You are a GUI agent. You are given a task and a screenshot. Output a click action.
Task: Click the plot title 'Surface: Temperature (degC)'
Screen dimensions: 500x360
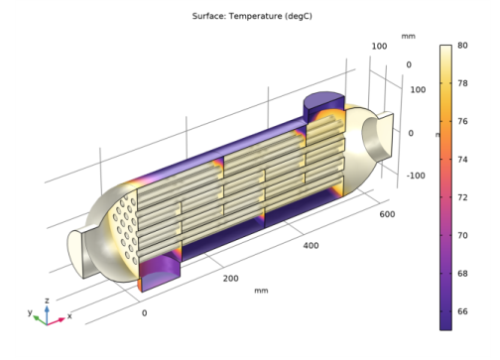click(252, 16)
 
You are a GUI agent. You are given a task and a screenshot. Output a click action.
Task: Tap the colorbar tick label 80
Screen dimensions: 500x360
click(462, 46)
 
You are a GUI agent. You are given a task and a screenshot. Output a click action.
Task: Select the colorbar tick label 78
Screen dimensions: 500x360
click(462, 83)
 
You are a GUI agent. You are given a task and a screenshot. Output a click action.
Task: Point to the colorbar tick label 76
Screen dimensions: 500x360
click(462, 121)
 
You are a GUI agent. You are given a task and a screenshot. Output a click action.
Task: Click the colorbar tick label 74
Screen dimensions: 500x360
click(462, 160)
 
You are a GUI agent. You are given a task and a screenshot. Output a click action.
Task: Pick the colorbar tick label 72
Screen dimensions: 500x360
click(462, 197)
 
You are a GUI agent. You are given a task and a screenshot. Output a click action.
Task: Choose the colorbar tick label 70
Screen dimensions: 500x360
click(462, 235)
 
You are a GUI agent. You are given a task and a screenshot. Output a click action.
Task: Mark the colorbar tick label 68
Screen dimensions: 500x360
click(462, 274)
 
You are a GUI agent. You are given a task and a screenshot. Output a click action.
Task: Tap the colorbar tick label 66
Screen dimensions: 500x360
click(462, 311)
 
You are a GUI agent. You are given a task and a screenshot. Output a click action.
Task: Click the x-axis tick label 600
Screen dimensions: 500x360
click(387, 214)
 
